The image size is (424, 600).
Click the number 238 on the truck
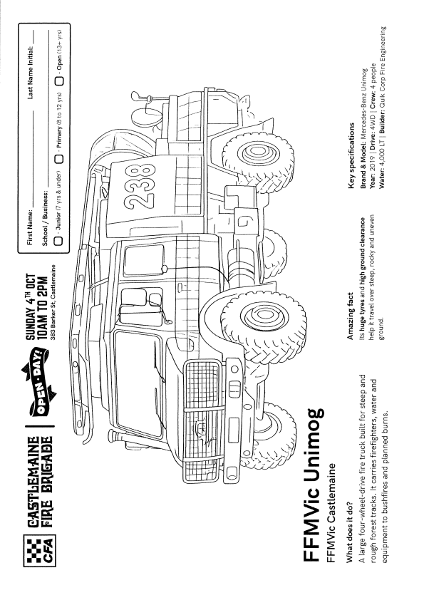pyautogui.click(x=140, y=187)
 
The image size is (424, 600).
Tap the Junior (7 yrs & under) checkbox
pyautogui.click(x=59, y=241)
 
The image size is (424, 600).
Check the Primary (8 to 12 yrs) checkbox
pyautogui.click(x=59, y=159)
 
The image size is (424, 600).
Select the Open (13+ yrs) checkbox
pyautogui.click(x=59, y=81)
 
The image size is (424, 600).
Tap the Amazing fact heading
pyautogui.click(x=350, y=316)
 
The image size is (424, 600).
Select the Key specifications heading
pyautogui.click(x=352, y=155)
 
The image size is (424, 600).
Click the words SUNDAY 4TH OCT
pyautogui.click(x=31, y=307)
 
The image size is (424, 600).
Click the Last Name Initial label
pyautogui.click(x=31, y=72)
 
